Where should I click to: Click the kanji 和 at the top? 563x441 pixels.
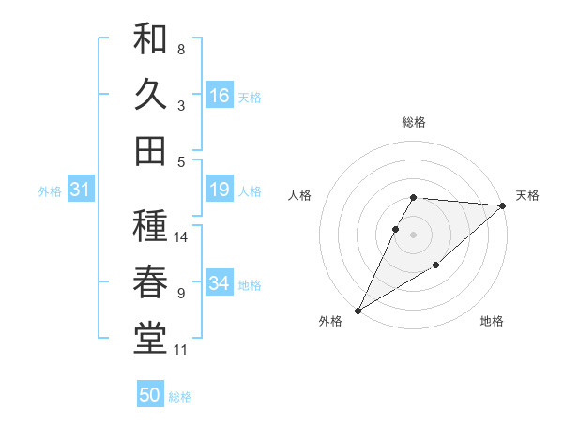coord(150,38)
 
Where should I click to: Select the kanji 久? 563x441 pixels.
coord(150,95)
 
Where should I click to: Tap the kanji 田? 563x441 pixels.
coord(150,150)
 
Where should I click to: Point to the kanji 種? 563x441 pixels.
coord(150,225)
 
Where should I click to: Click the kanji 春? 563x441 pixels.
coord(150,281)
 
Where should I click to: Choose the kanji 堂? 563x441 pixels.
coord(150,338)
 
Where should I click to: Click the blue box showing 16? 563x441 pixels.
coord(220,96)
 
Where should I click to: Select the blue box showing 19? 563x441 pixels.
coord(220,190)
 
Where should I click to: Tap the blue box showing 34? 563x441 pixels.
coord(220,284)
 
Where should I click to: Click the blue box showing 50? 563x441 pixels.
coord(150,396)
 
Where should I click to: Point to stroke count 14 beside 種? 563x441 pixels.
coord(181,236)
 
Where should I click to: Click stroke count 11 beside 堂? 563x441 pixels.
coord(181,350)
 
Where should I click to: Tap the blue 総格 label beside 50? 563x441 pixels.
coord(180,397)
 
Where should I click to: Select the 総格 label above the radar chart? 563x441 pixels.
coord(414,122)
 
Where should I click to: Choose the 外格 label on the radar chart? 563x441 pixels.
coord(330,321)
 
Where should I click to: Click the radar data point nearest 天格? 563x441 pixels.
coord(503,205)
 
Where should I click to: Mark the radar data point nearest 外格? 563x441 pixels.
coord(358,310)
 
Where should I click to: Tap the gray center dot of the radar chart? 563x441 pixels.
coord(414,235)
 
